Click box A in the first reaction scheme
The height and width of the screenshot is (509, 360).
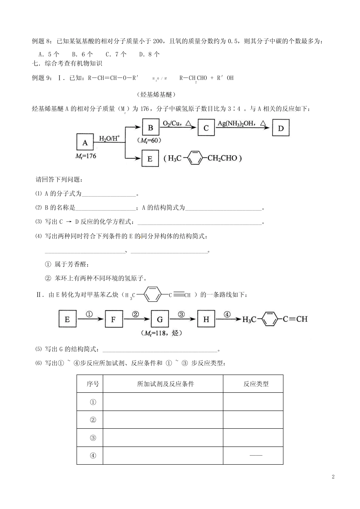tap(85, 143)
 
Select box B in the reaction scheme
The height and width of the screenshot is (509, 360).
tap(150, 128)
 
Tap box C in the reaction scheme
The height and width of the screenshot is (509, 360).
tap(206, 128)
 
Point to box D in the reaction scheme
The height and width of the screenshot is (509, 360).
tap(280, 128)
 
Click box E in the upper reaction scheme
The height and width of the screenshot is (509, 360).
tap(150, 159)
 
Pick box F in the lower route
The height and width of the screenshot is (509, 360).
tap(113, 319)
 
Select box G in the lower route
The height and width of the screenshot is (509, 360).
tap(160, 319)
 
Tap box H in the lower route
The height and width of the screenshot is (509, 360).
tap(206, 319)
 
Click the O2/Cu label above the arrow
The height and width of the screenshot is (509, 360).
tap(174, 123)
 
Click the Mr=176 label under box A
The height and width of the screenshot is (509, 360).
tap(86, 156)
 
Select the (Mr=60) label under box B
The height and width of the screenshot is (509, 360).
tap(149, 141)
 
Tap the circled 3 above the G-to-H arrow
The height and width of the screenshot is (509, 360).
tap(181, 314)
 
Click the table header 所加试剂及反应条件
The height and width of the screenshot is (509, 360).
tap(166, 384)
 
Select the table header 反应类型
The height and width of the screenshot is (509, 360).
tap(256, 384)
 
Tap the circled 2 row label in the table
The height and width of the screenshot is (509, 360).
tap(93, 420)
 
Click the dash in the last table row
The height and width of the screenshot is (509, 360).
tap(256, 455)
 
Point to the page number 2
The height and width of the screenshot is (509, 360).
tap(333, 476)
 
